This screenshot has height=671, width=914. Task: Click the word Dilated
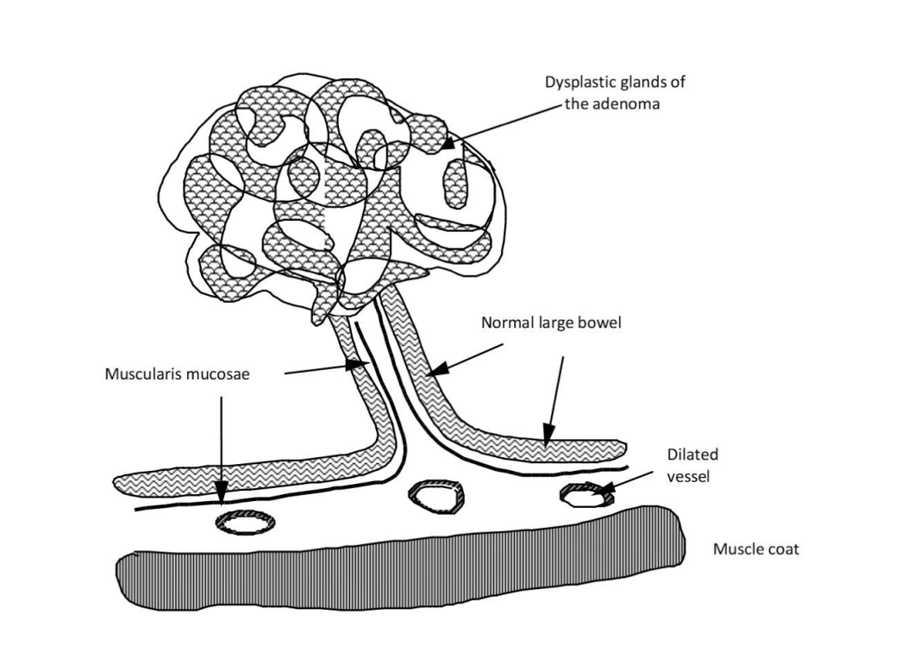[x=692, y=455]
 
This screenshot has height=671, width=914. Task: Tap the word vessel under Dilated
[x=691, y=474]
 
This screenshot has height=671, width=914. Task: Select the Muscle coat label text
[x=755, y=549]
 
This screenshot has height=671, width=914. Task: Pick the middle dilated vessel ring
[x=436, y=497]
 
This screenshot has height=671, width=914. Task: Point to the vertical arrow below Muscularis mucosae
[x=222, y=448]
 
